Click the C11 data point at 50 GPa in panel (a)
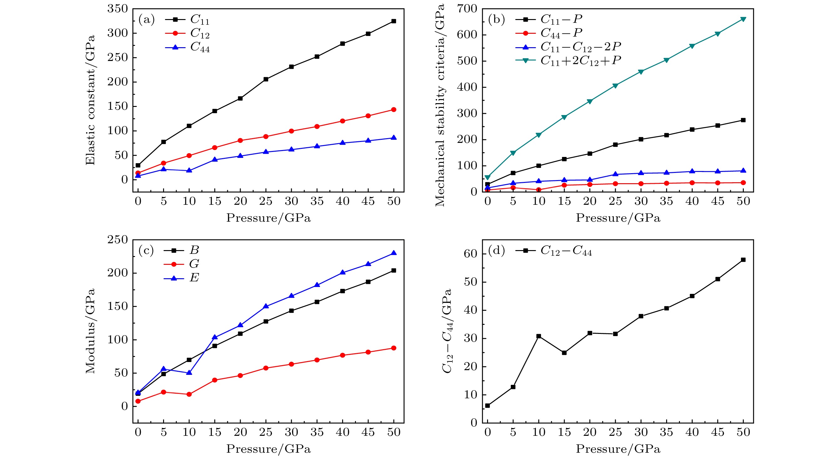pos(393,21)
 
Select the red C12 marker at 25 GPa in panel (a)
pos(266,136)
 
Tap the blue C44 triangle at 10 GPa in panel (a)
pos(189,170)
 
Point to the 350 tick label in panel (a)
pos(117,9)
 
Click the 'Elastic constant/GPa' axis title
pos(90,100)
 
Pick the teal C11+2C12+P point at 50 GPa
pos(743,19)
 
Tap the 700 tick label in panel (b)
pos(467,9)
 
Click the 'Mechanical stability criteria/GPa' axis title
pos(440,105)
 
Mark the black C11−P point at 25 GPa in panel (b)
pos(615,144)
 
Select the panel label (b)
pos(496,19)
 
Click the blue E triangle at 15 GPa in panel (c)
pos(215,337)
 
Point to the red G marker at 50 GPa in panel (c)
pos(393,348)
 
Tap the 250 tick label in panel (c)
pos(117,240)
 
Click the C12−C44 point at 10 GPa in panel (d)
pos(539,336)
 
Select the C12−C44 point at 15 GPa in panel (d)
pos(564,353)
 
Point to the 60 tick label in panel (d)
pos(470,254)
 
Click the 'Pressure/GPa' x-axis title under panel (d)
pos(618,449)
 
